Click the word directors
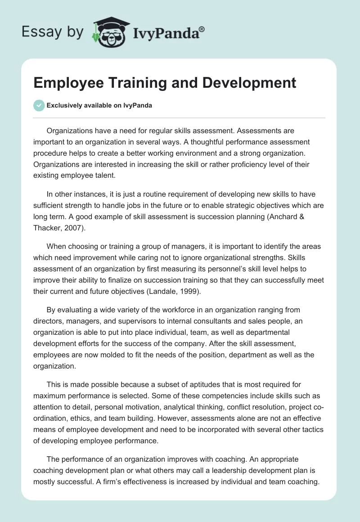click(48, 321)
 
